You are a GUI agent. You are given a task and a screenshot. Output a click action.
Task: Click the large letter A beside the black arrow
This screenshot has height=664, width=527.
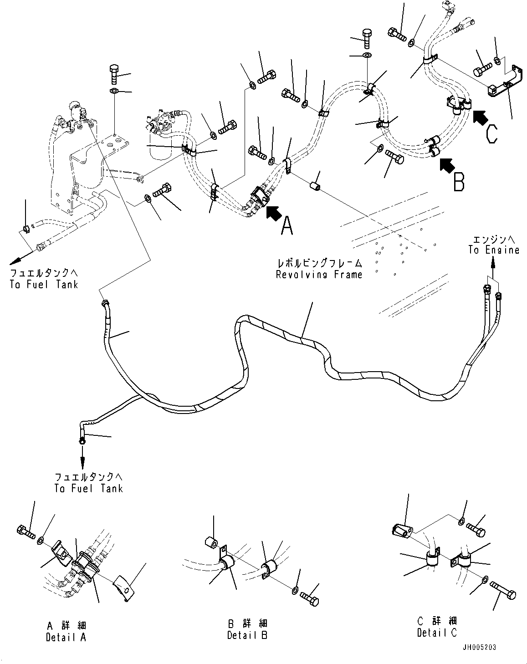pos(286,225)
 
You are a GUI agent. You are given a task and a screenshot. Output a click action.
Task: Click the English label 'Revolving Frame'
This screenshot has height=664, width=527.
pos(319,274)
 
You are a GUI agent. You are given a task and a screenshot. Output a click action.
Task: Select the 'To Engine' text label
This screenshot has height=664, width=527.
pos(493,250)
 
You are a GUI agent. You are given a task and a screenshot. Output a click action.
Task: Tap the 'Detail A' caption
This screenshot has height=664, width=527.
pos(66,637)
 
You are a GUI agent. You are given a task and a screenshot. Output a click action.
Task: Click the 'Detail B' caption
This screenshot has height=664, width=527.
pos(247,634)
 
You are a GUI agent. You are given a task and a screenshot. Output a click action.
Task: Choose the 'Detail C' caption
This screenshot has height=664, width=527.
pos(436,632)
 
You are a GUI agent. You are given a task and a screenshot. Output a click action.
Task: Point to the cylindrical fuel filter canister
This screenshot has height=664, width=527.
pos(159,146)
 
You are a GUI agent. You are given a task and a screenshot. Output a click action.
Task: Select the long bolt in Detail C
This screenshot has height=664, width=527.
pos(504,591)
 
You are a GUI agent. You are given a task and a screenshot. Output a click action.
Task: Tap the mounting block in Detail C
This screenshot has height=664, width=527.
pos(402,530)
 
